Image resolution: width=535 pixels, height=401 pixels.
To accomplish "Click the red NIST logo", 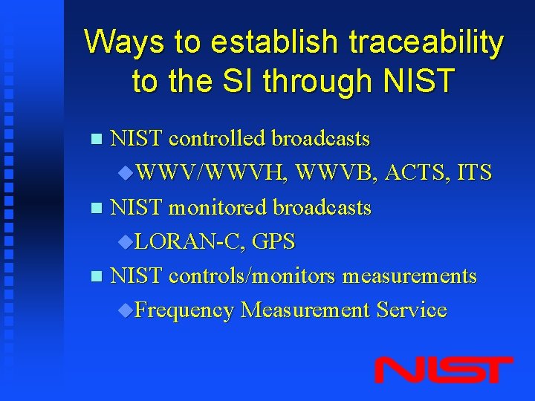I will (x=443, y=369).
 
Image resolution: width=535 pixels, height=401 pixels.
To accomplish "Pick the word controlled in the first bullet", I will (x=219, y=139).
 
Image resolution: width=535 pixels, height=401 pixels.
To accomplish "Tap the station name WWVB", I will (x=336, y=173).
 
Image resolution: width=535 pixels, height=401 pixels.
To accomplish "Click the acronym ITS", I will (x=476, y=173).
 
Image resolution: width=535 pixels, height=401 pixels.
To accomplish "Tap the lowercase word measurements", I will (x=409, y=276).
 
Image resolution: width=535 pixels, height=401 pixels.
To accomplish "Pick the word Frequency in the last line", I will (x=184, y=310).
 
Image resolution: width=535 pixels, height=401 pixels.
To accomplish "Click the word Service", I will (x=412, y=310).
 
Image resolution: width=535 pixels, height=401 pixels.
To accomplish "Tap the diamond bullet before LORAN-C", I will (x=126, y=242).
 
